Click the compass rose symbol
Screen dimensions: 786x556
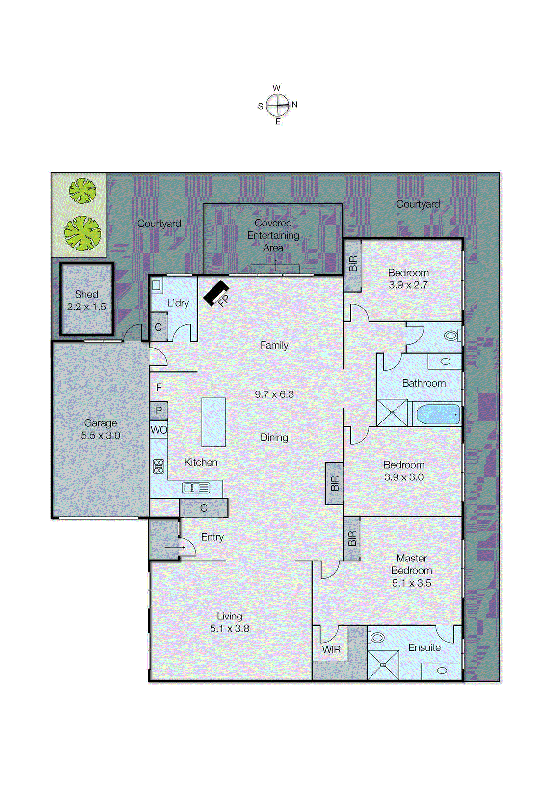(278, 105)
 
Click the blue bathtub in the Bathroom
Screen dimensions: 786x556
(438, 414)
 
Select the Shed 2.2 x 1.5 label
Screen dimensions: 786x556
(86, 300)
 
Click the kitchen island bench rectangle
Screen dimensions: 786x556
(213, 421)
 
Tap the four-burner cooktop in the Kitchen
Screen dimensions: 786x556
(159, 466)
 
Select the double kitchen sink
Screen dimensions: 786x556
(196, 488)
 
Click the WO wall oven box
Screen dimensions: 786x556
(159, 430)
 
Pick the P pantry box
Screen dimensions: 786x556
(159, 410)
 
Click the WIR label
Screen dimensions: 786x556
(331, 649)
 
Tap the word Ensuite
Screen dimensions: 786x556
(424, 647)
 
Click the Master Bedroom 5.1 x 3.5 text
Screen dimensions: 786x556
(411, 570)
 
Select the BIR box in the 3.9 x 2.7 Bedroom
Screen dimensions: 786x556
(352, 265)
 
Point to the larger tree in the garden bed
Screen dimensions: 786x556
(82, 233)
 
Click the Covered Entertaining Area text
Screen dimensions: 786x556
(273, 235)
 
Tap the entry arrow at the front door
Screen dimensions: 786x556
(174, 547)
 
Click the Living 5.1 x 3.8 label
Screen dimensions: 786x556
(229, 622)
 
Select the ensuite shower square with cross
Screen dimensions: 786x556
(383, 665)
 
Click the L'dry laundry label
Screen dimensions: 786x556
(178, 303)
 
